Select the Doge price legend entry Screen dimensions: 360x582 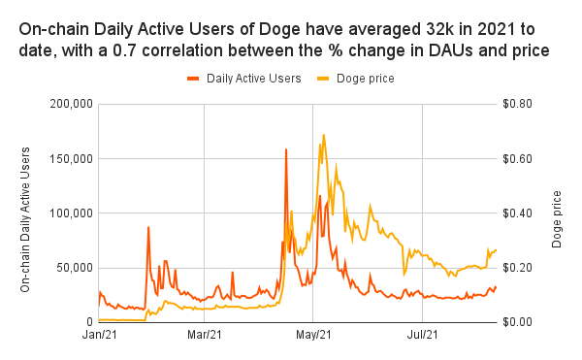click(x=364, y=77)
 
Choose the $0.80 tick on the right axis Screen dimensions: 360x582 click(x=519, y=104)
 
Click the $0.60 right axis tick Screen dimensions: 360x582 click(x=519, y=158)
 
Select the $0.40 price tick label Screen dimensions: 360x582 click(x=519, y=213)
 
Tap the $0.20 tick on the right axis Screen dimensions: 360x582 click(x=519, y=267)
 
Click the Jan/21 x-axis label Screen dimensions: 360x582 click(x=99, y=336)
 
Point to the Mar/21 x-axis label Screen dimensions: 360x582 click(x=204, y=336)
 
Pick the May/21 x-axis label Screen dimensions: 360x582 click(x=312, y=336)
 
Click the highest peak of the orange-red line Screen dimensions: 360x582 click(x=286, y=149)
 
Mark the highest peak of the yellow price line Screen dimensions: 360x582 click(x=323, y=135)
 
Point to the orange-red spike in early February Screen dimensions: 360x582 click(x=148, y=227)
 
